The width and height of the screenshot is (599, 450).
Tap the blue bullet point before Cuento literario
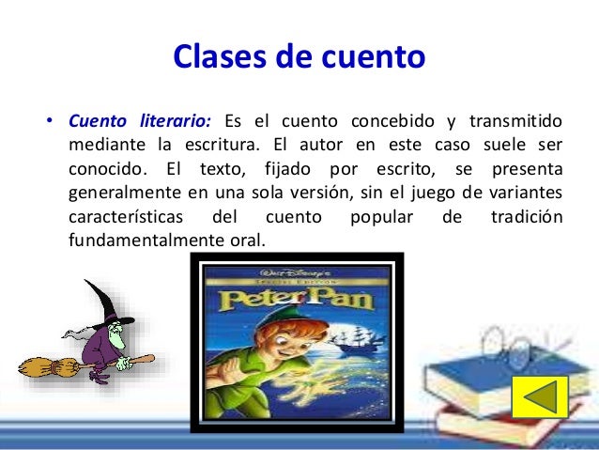coord(45,123)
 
